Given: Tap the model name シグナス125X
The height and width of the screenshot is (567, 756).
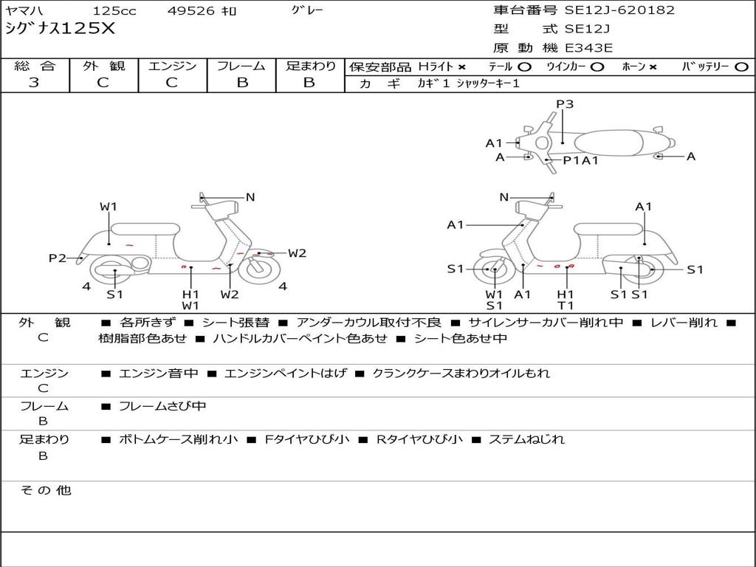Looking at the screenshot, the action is coord(60,29).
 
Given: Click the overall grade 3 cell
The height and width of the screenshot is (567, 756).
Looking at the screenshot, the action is coord(34,82).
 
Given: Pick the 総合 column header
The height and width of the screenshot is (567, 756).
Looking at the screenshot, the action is coord(34,66).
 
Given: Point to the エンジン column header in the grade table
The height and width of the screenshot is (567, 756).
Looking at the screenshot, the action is coord(172,66).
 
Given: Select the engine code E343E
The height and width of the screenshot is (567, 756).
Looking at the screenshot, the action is coord(588,48).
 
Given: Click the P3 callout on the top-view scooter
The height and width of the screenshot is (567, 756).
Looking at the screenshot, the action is coord(565,104).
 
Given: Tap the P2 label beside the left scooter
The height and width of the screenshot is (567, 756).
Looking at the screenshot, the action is coord(58,258).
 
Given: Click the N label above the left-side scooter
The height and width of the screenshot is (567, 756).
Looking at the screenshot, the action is coord(250,197).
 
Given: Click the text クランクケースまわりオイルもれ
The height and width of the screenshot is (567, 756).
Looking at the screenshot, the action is coord(461,374).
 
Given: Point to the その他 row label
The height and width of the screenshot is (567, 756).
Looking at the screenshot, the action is coord(45,490).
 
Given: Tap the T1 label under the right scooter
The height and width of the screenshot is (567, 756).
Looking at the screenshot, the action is coord(566,306).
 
